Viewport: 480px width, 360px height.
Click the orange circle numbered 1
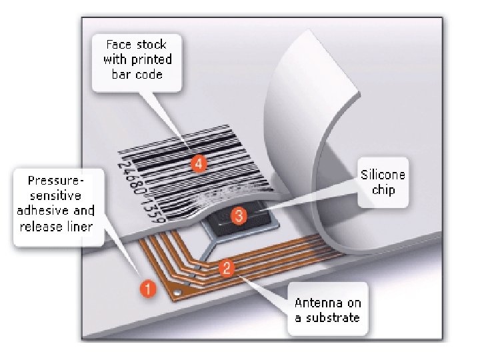tap(148, 289)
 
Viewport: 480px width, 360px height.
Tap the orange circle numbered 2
tap(227, 269)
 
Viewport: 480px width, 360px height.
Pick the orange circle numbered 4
tap(197, 163)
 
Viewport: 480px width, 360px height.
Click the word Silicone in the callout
tap(383, 175)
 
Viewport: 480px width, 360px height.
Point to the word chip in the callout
tap(383, 190)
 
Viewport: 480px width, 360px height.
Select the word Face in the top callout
tap(119, 45)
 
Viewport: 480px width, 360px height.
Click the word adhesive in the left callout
tap(47, 211)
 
